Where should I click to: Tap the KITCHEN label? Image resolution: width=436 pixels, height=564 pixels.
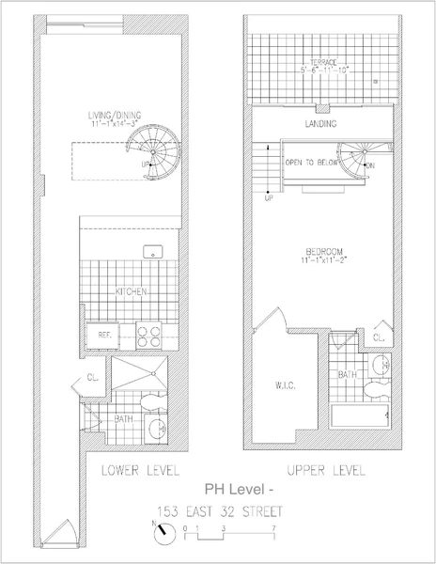(x=131, y=292)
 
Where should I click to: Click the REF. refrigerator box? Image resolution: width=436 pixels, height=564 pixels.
(x=101, y=335)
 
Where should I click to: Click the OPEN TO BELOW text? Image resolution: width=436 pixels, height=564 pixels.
(x=310, y=163)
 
